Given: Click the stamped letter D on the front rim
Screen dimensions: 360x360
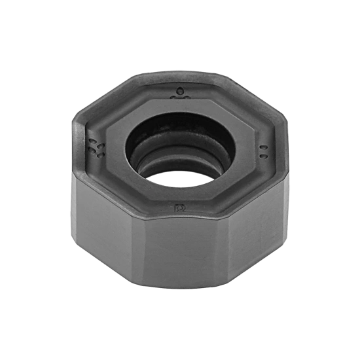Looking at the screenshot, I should (x=179, y=207).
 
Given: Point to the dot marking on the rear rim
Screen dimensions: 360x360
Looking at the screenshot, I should (x=179, y=92).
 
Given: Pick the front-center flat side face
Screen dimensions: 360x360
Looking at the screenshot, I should (x=180, y=252).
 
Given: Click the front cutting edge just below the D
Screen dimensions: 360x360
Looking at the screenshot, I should (x=180, y=217).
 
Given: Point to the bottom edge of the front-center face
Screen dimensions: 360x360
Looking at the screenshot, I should (x=180, y=288).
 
